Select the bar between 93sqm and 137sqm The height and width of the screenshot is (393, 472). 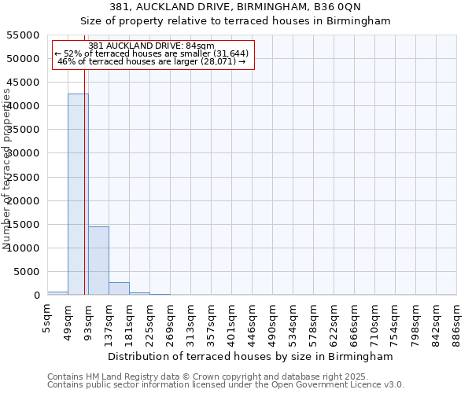pyautogui.click(x=98, y=260)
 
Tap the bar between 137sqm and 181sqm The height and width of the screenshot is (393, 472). pyautogui.click(x=119, y=288)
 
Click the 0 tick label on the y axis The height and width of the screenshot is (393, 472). pyautogui.click(x=36, y=296)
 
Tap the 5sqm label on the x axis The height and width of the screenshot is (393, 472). pyautogui.click(x=48, y=315)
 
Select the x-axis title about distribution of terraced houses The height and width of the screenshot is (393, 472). pyautogui.click(x=252, y=356)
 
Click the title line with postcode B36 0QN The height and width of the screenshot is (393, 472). pyautogui.click(x=236, y=7)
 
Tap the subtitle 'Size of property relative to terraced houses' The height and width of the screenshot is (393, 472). pyautogui.click(x=236, y=21)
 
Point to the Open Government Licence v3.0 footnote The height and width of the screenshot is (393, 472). pyautogui.click(x=226, y=384)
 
